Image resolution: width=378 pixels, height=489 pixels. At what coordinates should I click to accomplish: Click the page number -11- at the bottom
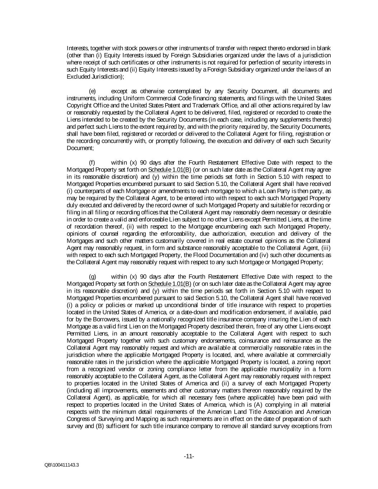point(189,456)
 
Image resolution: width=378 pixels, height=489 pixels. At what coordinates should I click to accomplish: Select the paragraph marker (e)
point(92,91)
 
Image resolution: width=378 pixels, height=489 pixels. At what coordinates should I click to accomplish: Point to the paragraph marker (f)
point(92,162)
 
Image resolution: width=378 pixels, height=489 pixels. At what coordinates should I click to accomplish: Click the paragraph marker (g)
point(92,277)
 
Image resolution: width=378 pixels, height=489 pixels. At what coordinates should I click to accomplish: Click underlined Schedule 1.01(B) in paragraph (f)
point(170,169)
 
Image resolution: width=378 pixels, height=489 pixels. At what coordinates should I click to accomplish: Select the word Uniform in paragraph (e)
point(133,98)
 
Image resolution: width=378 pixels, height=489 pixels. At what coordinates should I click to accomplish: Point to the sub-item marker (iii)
point(325,248)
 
